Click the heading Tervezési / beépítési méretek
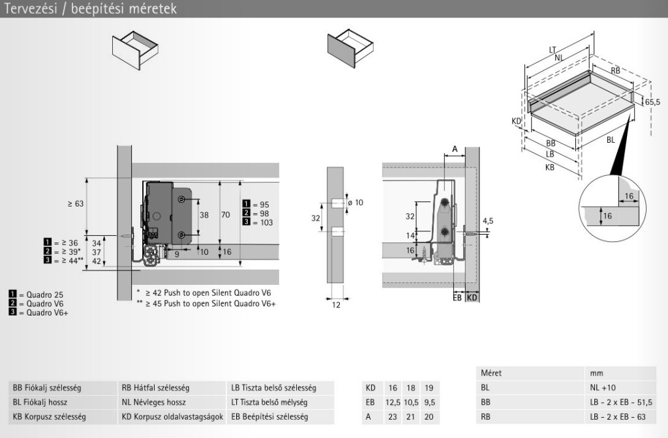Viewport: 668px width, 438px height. tap(89, 8)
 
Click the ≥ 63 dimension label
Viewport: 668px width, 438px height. tap(76, 204)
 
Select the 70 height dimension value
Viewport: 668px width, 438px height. tap(226, 214)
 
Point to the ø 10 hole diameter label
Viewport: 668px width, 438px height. tap(356, 203)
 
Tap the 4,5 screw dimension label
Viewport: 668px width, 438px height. tap(488, 221)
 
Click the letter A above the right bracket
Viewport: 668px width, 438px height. tap(454, 149)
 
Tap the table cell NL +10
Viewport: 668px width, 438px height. tap(603, 387)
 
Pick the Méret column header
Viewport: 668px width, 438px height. tap(491, 373)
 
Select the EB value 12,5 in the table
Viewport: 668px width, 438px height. tap(392, 402)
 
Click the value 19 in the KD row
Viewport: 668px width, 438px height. tap(429, 388)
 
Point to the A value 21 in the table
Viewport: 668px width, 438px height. tap(410, 416)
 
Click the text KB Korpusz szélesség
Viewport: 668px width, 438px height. tap(49, 416)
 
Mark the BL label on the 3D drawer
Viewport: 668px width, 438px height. tap(611, 139)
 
